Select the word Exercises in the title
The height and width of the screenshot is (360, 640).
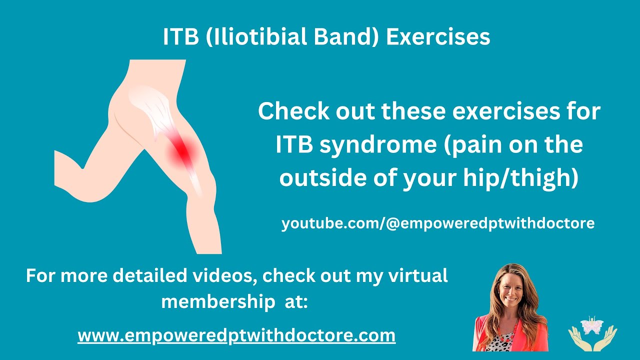coord(438,37)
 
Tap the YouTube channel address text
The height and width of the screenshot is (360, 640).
coord(438,223)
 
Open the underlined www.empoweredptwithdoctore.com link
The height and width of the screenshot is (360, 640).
coord(236,335)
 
